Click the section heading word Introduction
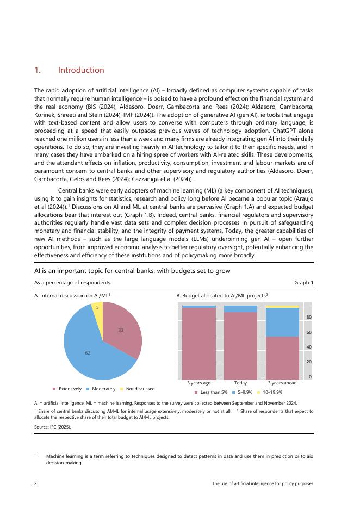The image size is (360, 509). [81, 70]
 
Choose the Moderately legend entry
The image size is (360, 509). [104, 389]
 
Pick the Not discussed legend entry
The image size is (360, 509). [140, 389]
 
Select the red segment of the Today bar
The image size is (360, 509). [240, 345]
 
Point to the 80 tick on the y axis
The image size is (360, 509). [309, 317]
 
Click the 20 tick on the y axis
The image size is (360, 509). [309, 362]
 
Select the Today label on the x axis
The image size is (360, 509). [240, 383]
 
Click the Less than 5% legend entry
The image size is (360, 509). [213, 392]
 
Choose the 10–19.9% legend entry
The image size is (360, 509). [272, 392]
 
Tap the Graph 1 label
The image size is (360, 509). [303, 282]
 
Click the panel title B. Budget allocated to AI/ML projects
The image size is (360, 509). [222, 295]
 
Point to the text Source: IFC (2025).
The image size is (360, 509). [52, 427]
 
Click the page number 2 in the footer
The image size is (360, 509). [35, 483]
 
